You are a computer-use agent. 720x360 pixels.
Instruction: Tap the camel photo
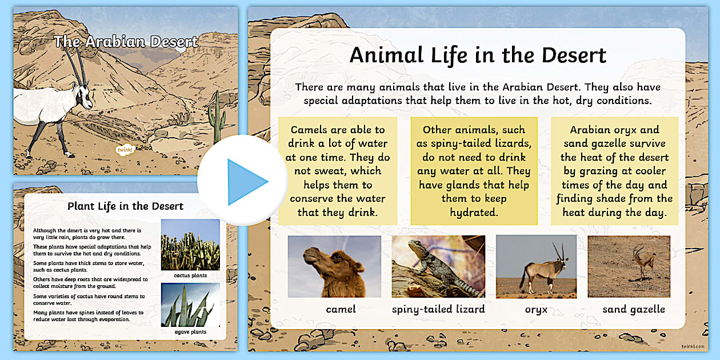click(x=334, y=266)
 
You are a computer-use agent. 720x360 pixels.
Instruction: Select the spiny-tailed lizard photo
click(x=438, y=266)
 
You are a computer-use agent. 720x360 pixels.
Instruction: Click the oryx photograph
click(x=536, y=266)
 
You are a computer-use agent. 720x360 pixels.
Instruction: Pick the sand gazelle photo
click(x=629, y=266)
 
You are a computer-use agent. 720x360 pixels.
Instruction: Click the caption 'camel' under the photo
click(x=341, y=309)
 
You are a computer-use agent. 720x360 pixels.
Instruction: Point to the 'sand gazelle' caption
click(x=634, y=310)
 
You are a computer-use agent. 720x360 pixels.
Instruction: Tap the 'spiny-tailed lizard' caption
click(x=438, y=310)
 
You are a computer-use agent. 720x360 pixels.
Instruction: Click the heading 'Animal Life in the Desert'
click(x=478, y=55)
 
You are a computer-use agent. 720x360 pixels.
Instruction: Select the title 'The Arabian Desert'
click(x=126, y=42)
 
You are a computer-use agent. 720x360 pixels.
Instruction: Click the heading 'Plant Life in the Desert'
click(x=125, y=206)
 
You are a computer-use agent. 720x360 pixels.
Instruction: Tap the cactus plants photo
click(x=190, y=245)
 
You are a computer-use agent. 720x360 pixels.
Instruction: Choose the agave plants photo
click(x=190, y=305)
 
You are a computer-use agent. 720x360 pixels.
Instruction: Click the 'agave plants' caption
click(x=190, y=332)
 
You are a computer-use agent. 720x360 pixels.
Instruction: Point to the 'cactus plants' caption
click(x=190, y=275)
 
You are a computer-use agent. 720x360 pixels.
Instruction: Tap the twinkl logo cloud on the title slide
click(x=125, y=150)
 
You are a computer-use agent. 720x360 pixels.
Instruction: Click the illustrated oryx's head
click(x=83, y=96)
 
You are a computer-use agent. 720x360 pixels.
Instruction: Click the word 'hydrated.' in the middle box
click(x=474, y=213)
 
